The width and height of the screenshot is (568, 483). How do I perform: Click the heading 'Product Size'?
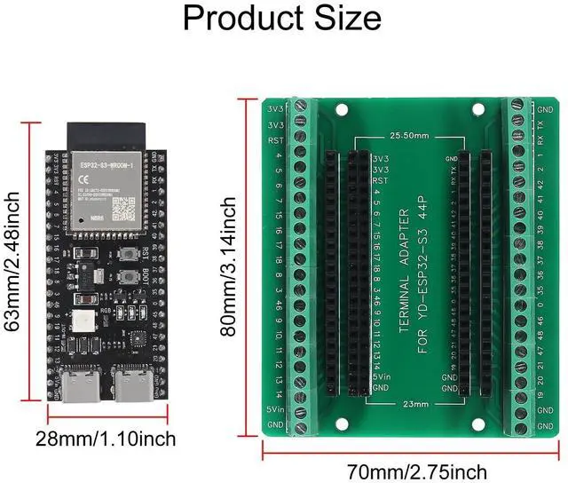pos(283,19)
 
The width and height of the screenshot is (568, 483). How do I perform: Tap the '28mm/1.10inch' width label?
pos(106,439)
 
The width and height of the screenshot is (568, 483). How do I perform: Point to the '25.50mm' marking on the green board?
pos(409,137)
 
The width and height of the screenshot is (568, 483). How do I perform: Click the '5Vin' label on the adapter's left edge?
pos(274,409)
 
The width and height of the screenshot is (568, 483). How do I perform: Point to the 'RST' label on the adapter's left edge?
pos(274,140)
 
